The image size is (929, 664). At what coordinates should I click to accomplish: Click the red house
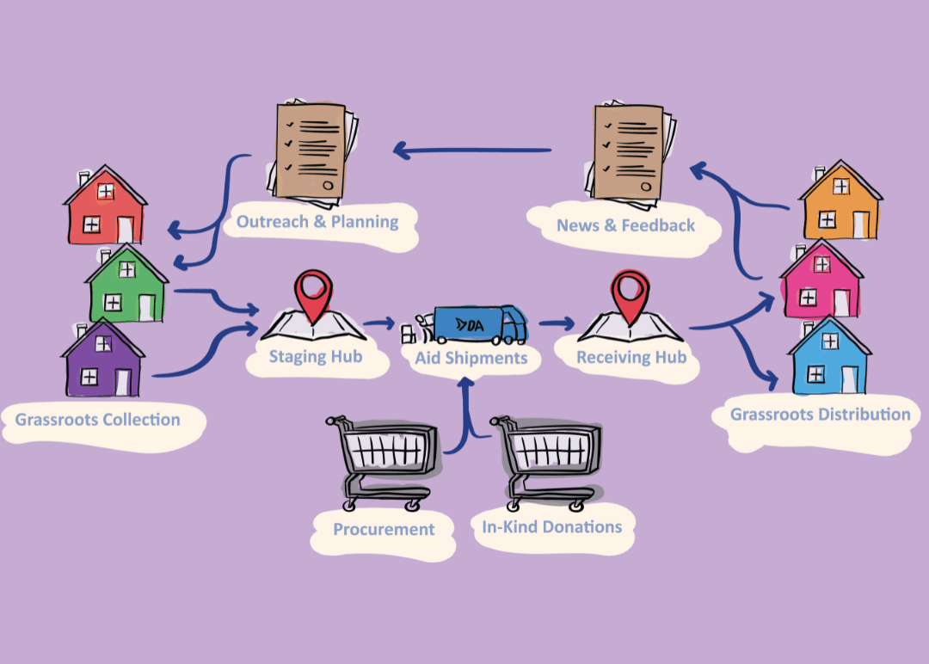pyautogui.click(x=104, y=208)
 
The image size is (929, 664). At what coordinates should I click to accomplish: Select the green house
pyautogui.click(x=126, y=286)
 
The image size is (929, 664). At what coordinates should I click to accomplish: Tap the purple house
pyautogui.click(x=102, y=360)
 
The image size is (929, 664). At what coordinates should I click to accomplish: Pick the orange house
pyautogui.click(x=840, y=205)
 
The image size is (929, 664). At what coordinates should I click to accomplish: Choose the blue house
pyautogui.click(x=829, y=358)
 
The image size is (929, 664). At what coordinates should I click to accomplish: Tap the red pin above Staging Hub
pyautogui.click(x=311, y=292)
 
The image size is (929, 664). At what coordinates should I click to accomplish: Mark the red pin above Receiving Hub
pyautogui.click(x=629, y=292)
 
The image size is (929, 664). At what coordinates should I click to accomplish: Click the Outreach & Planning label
pyautogui.click(x=317, y=222)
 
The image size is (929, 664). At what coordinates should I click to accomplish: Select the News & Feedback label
pyautogui.click(x=625, y=225)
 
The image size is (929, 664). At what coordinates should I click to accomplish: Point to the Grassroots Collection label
pyautogui.click(x=97, y=421)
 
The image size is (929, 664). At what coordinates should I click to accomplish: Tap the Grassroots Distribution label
pyautogui.click(x=820, y=415)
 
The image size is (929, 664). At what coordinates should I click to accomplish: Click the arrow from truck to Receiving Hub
pyautogui.click(x=557, y=324)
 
